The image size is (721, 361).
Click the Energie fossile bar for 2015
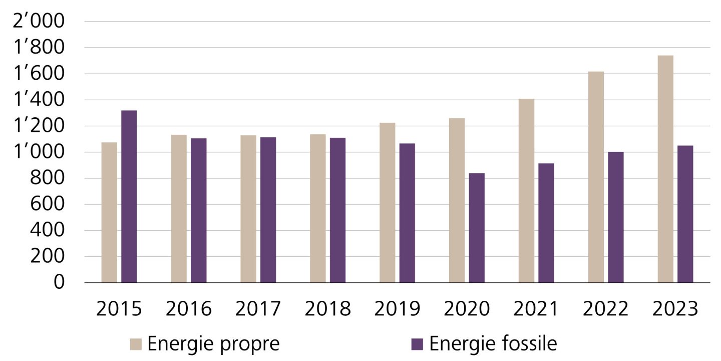coord(129,197)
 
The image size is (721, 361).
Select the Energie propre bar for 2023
coord(665,169)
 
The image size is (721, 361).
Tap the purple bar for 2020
coord(477,228)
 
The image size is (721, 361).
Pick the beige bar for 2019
coord(387,203)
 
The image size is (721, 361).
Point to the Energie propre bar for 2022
coord(596,177)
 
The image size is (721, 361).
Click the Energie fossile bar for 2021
coord(546,223)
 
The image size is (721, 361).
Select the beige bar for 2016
coord(179,209)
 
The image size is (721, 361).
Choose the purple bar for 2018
coord(337,210)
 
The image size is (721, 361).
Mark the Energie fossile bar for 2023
coord(685,214)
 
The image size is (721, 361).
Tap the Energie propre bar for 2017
coord(248,209)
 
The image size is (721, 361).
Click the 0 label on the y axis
coord(59,283)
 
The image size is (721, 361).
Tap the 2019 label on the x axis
coord(397,309)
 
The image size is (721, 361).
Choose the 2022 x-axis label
coord(605,309)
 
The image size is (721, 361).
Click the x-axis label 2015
coord(119,309)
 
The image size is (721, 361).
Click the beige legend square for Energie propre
coord(136,344)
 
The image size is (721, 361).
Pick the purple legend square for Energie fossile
coord(417,344)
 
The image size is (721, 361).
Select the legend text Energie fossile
coord(493,344)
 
